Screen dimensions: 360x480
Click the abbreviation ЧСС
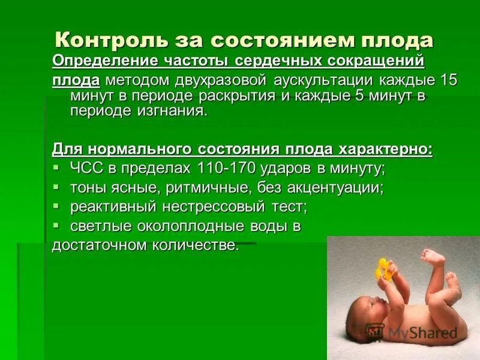[86, 168]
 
